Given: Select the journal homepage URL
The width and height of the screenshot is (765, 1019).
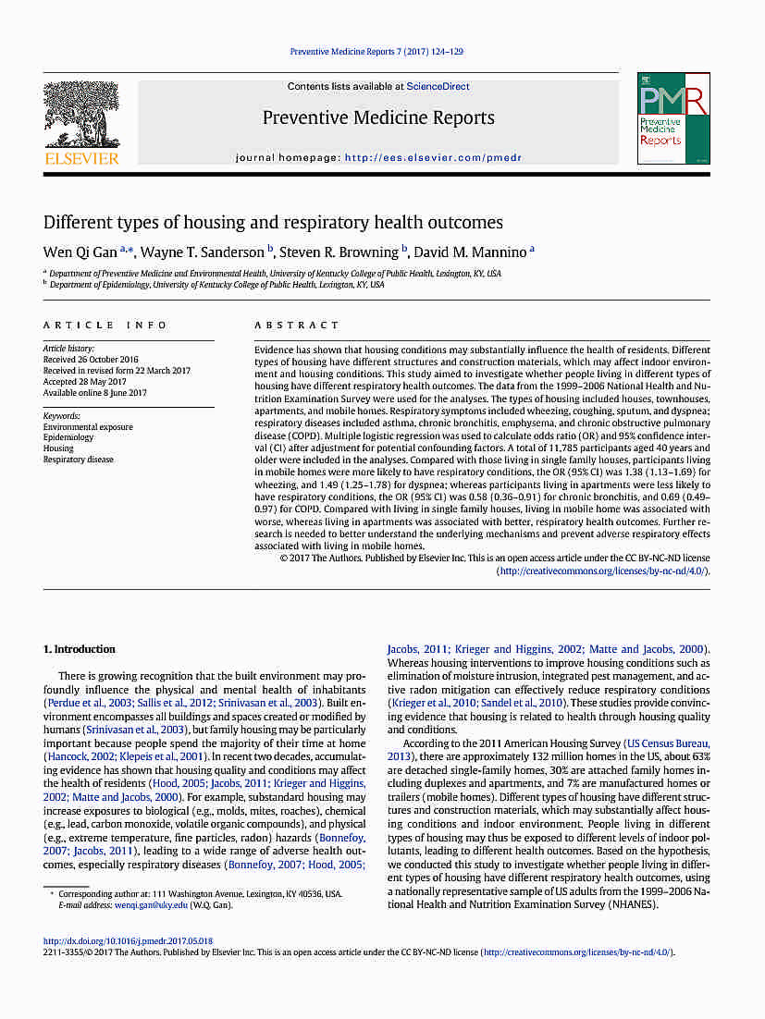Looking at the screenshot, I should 433,158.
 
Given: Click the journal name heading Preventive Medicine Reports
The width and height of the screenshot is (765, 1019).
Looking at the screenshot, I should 378,117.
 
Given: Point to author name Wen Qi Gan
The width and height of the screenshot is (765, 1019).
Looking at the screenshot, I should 81,252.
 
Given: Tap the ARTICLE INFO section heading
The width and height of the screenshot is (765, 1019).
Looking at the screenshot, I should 105,325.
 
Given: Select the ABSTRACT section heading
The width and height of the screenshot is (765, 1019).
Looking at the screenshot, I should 297,325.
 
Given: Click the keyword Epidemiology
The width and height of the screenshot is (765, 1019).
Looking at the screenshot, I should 68,438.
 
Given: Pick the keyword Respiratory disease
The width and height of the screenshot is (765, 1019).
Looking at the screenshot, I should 79,460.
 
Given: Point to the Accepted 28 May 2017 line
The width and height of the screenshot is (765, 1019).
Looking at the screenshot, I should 85,382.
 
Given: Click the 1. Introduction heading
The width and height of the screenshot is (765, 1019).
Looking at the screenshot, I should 80,649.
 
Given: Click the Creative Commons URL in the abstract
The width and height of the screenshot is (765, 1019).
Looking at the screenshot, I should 603,571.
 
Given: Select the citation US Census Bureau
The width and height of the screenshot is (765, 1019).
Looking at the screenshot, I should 667,743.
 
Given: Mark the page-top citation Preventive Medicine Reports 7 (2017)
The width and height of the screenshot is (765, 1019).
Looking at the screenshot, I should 376,52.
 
